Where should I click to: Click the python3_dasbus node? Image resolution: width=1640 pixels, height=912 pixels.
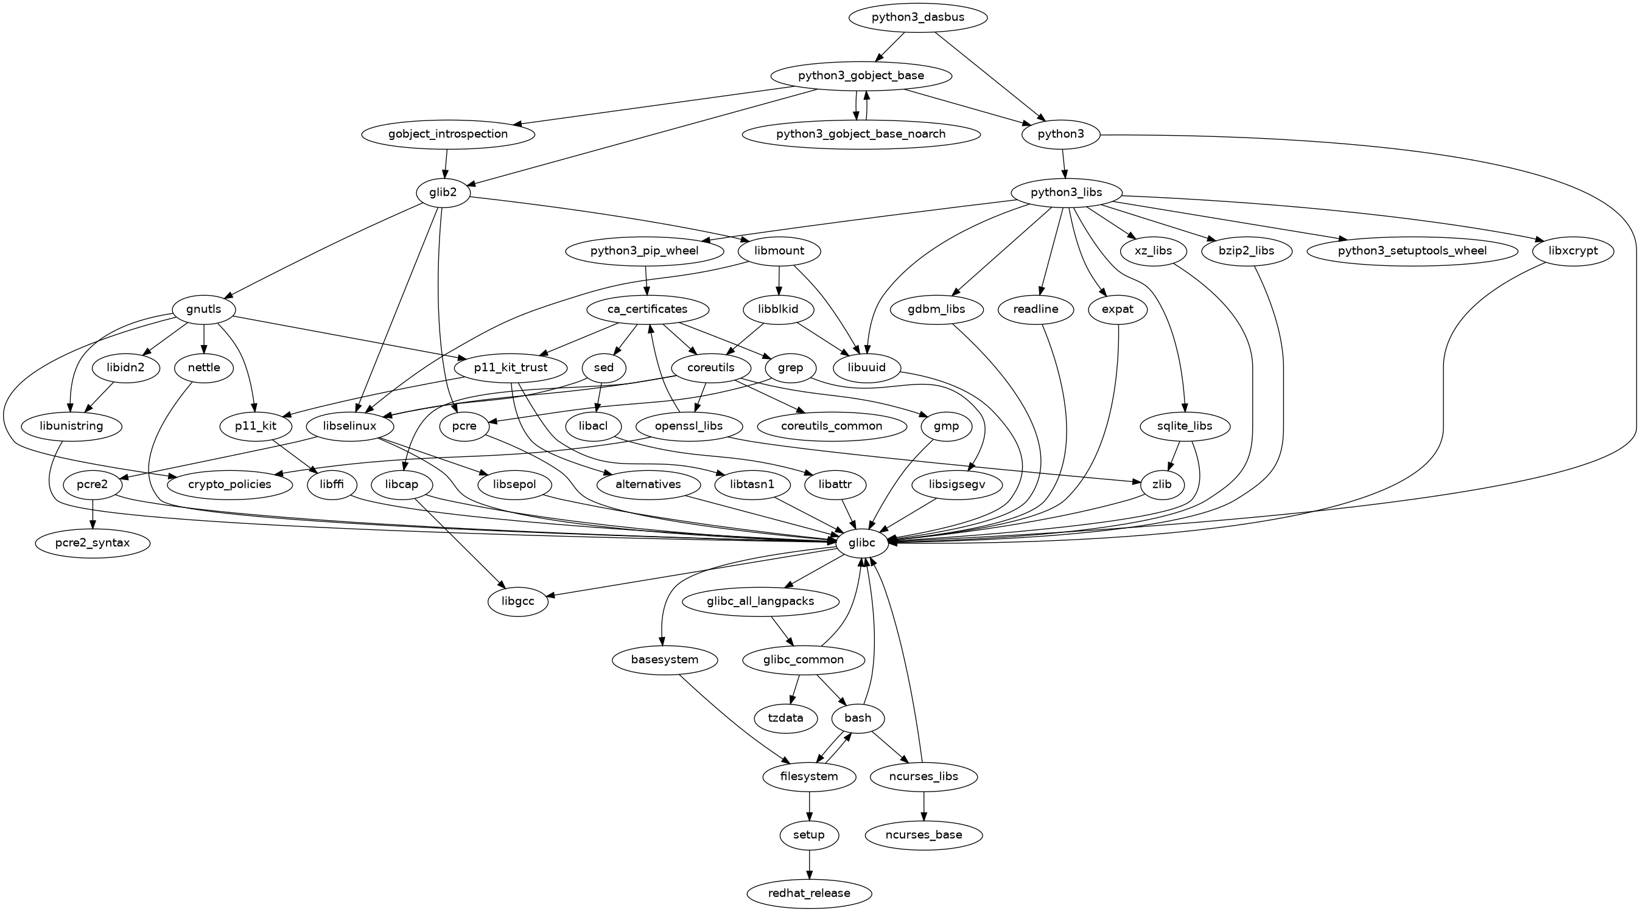[918, 17]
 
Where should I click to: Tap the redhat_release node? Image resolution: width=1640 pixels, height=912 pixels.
[808, 893]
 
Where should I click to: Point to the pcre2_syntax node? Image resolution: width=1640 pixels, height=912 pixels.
[93, 543]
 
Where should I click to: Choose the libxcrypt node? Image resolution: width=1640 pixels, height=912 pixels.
[1572, 251]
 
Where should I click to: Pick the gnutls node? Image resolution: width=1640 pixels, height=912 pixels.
[204, 309]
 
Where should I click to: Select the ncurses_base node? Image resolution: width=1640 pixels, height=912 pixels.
[923, 834]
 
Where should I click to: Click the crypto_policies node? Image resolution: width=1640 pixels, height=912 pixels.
[230, 484]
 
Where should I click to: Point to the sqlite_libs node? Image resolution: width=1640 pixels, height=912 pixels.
[1184, 426]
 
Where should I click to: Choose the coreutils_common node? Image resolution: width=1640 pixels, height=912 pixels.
[832, 426]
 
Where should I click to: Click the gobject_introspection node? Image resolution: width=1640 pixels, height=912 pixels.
[447, 134]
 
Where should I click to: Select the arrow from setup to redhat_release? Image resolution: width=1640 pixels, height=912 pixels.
[809, 863]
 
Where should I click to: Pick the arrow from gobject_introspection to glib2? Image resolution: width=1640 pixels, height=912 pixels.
[446, 163]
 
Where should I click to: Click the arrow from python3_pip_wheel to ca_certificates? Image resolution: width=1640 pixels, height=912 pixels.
[646, 280]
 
